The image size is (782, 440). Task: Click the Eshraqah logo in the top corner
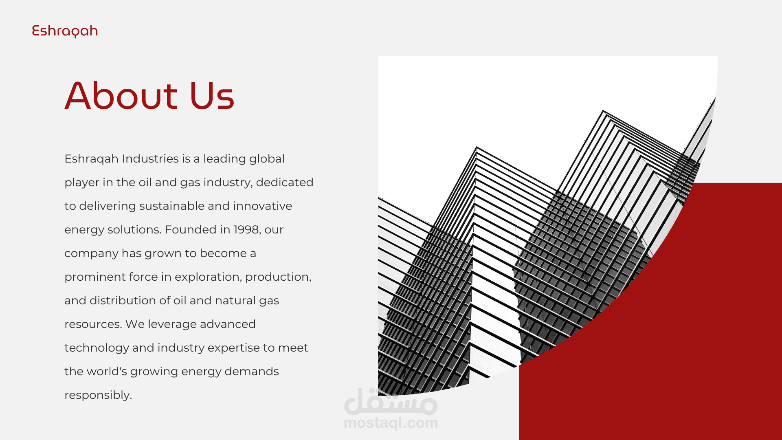[x=65, y=31]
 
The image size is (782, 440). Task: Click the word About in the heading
[x=121, y=96]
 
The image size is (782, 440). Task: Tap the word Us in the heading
[x=212, y=96]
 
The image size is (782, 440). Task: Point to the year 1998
[x=246, y=229]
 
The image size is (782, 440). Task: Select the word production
[x=278, y=277]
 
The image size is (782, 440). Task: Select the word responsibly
[x=98, y=395]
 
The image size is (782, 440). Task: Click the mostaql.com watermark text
[x=391, y=423]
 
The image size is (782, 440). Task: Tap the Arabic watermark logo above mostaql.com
[x=391, y=402]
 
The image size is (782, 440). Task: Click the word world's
[x=107, y=371]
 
